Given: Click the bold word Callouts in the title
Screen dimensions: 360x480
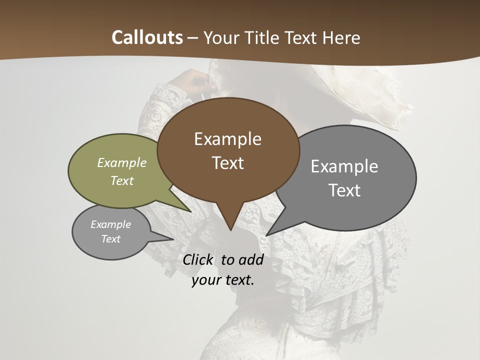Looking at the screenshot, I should click(147, 37).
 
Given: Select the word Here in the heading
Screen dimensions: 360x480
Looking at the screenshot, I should click(341, 37).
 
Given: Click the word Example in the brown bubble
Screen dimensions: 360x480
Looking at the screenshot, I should click(227, 139).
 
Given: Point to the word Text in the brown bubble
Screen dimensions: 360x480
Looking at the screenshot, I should click(227, 163).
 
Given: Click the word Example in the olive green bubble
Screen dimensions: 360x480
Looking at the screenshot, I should click(122, 163).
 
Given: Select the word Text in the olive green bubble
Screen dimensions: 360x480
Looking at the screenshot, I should click(122, 180).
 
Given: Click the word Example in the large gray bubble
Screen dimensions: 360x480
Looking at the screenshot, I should click(344, 166).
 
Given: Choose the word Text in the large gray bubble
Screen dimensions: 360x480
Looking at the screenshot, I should click(344, 190).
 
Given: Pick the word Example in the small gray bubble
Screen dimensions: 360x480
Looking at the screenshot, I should click(110, 224).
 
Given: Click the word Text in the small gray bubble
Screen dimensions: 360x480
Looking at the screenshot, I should click(110, 239).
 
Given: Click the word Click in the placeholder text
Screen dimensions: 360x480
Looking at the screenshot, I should click(197, 260).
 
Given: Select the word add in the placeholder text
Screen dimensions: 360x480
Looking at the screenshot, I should click(251, 260).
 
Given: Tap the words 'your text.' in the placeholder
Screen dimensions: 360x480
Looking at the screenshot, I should click(223, 280).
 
